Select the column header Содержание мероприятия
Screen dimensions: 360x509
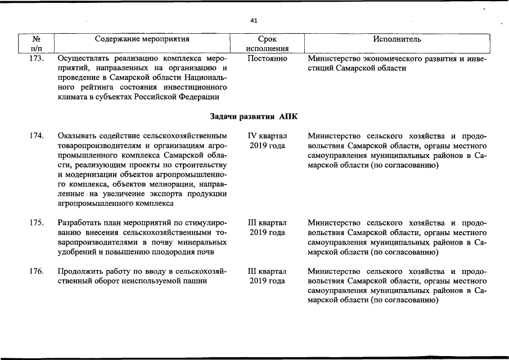point(142,39)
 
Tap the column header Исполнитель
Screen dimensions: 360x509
point(397,39)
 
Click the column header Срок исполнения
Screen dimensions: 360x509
point(267,44)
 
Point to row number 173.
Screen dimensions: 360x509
point(36,58)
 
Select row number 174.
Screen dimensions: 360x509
point(36,136)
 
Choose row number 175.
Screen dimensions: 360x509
point(36,223)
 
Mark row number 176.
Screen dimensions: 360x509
point(36,272)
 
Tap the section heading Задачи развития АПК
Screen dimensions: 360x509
point(254,116)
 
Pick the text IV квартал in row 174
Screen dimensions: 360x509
point(267,136)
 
